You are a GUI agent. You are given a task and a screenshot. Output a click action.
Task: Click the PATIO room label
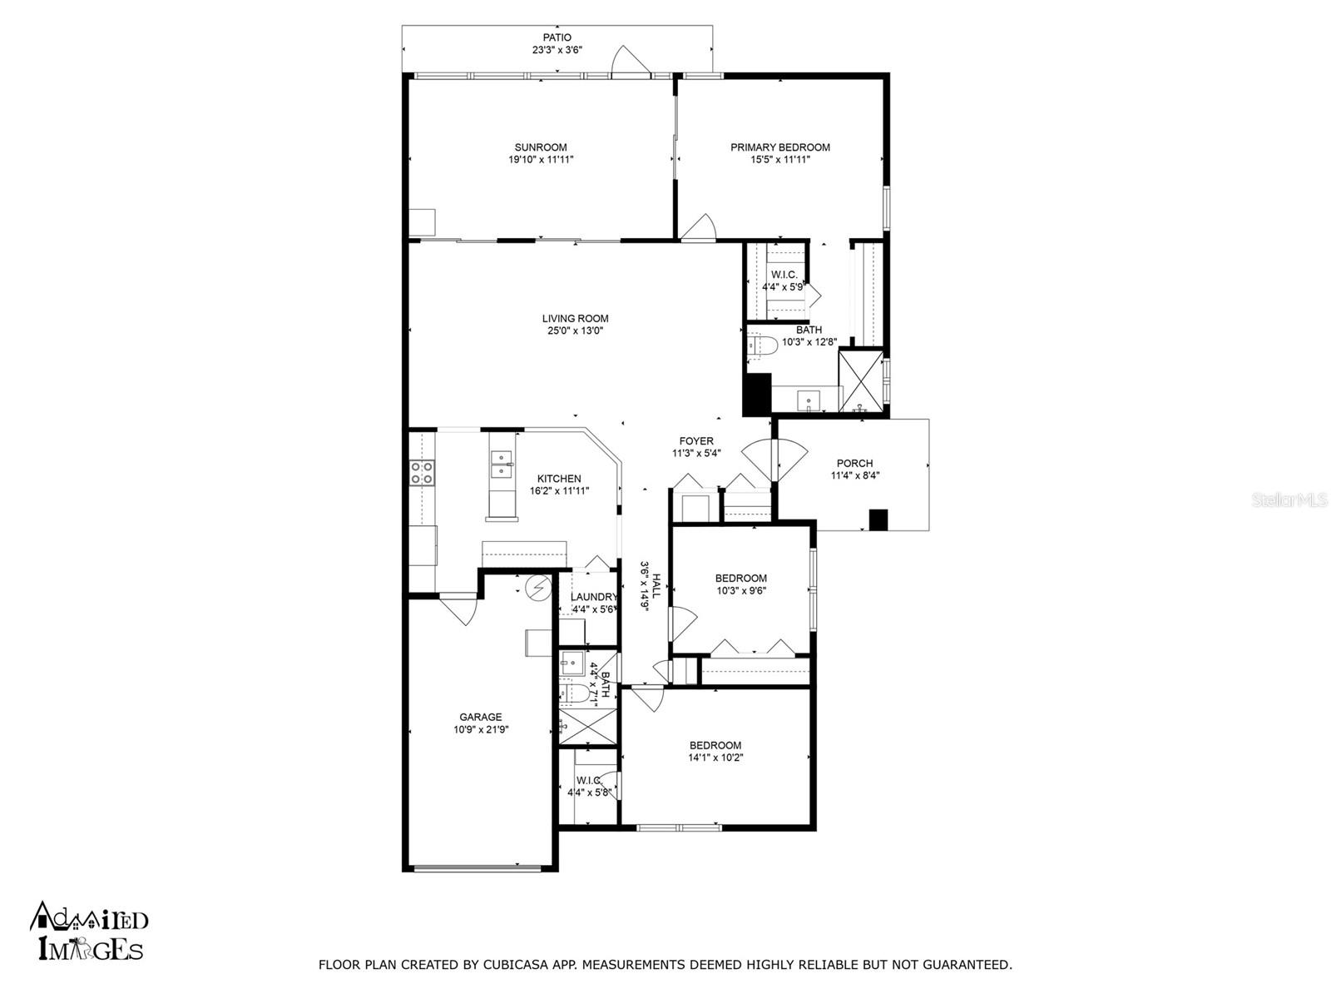(x=557, y=37)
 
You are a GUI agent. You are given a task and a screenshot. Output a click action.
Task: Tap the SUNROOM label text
(x=541, y=147)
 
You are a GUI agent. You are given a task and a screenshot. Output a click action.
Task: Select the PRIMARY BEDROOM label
(x=779, y=147)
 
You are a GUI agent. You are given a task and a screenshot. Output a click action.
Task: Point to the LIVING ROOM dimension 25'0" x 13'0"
(x=575, y=331)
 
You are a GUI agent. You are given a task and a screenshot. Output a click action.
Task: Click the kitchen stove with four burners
(x=422, y=473)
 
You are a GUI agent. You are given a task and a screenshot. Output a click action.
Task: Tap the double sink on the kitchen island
(x=502, y=464)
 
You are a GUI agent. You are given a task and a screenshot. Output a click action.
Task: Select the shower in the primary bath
(x=860, y=381)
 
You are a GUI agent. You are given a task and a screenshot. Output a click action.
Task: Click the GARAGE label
(x=480, y=717)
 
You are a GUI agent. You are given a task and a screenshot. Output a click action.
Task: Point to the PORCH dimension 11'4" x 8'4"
(x=855, y=475)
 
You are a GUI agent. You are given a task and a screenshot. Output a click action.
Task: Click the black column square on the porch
(x=878, y=519)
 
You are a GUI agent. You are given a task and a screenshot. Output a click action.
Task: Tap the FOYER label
(x=696, y=441)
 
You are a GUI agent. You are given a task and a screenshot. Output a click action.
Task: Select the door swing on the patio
(x=631, y=62)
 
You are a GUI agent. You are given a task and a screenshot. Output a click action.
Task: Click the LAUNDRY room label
(x=594, y=597)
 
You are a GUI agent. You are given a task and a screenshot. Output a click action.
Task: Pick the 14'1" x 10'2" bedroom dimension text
(x=715, y=757)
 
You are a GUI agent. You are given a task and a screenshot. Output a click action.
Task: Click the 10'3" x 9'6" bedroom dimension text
(x=741, y=590)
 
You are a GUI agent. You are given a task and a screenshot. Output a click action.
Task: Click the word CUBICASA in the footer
(x=512, y=964)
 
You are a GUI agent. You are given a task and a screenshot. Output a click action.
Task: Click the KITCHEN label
(x=559, y=479)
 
